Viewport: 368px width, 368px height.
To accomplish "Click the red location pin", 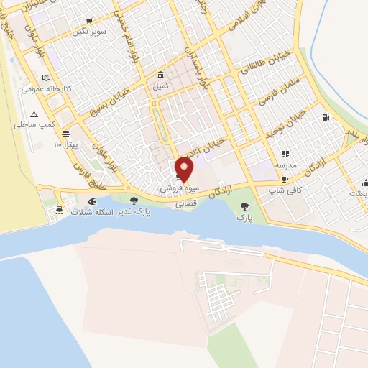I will point(185,169).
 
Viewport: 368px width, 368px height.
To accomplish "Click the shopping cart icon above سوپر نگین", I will point(89,22).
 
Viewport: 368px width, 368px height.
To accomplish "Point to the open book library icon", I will point(47,78).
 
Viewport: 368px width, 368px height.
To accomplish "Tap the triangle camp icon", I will point(34,114).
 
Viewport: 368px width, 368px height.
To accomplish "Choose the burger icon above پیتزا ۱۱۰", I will point(66,134).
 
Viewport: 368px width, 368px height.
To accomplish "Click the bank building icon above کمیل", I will point(160,75).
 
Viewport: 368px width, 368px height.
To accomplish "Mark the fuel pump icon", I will point(326,118).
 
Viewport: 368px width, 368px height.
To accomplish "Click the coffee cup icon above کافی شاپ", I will point(285,180).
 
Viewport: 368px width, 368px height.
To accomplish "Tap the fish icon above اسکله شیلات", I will point(91,201).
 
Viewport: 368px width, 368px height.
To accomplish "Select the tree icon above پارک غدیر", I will point(134,201).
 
